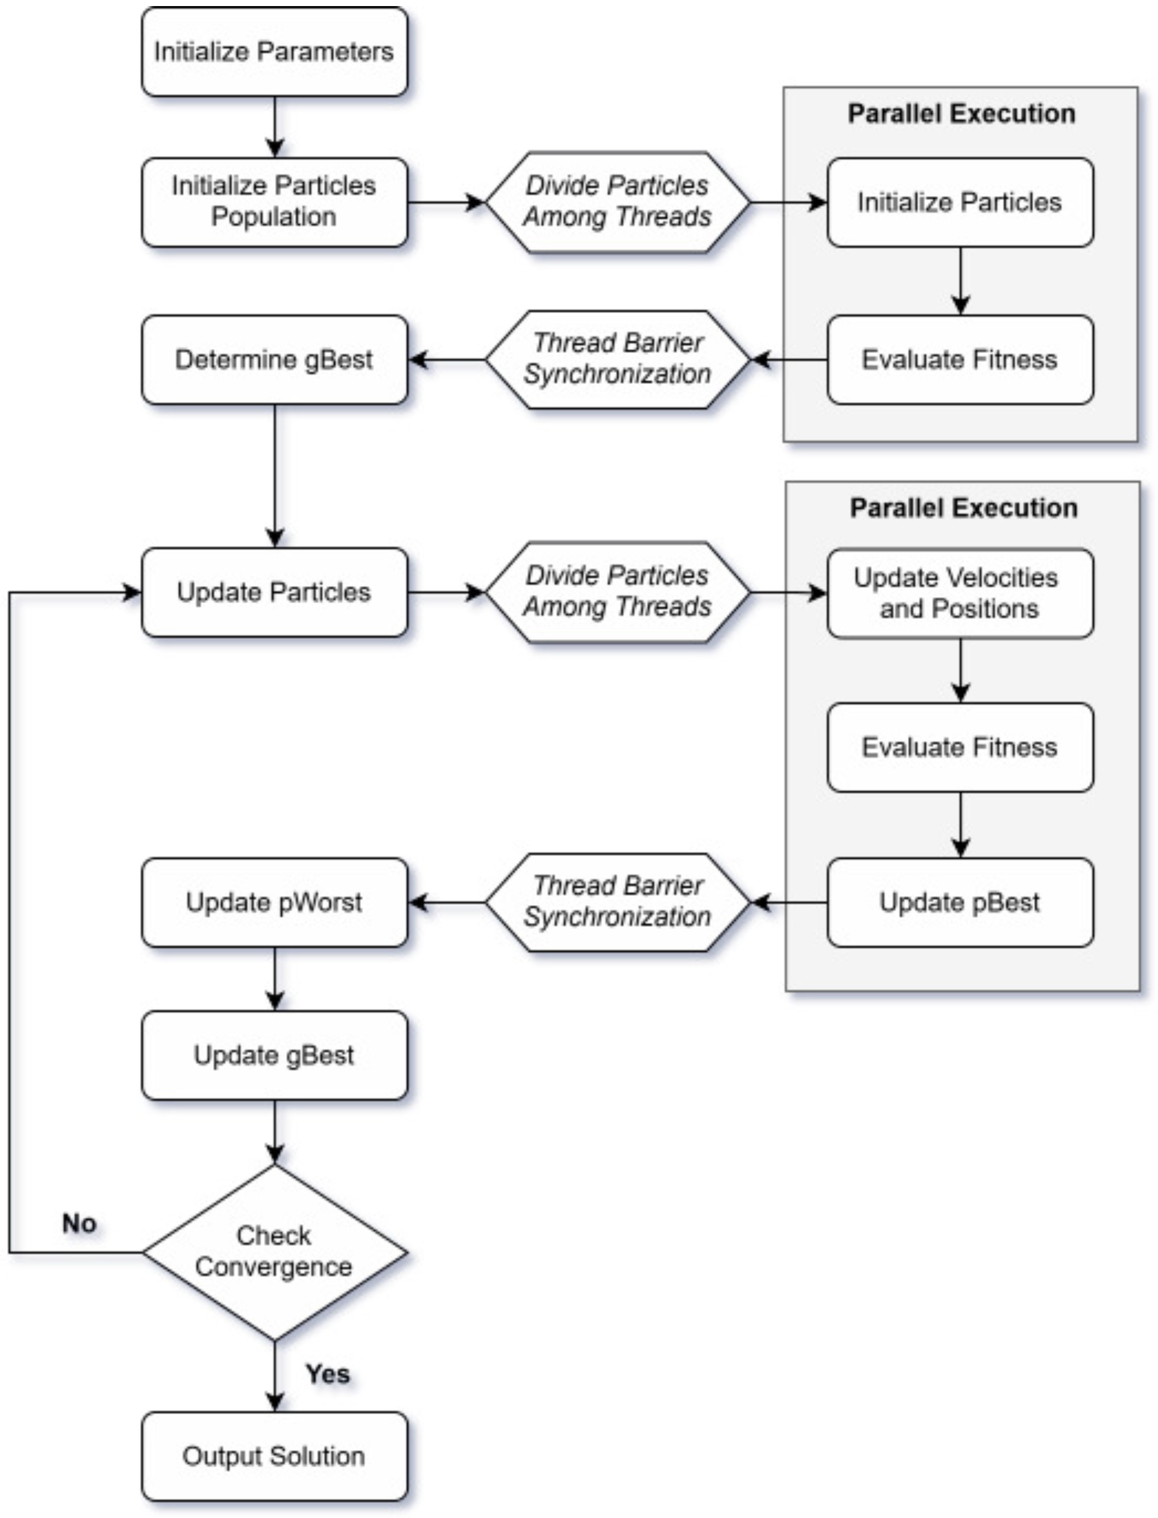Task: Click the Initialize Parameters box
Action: click(275, 52)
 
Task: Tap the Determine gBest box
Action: click(275, 360)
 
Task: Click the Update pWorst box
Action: click(275, 902)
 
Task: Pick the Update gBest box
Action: click(275, 1055)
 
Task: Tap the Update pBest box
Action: click(959, 902)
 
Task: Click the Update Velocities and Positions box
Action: click(959, 593)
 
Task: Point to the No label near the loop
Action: click(79, 1224)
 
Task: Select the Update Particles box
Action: click(275, 593)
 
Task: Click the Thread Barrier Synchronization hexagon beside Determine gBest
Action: click(617, 360)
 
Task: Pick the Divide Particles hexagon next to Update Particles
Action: click(617, 593)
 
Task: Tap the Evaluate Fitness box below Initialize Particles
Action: click(959, 360)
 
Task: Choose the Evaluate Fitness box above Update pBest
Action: click(959, 747)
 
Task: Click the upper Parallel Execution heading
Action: click(961, 113)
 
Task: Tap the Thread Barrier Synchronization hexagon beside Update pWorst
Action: click(617, 902)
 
